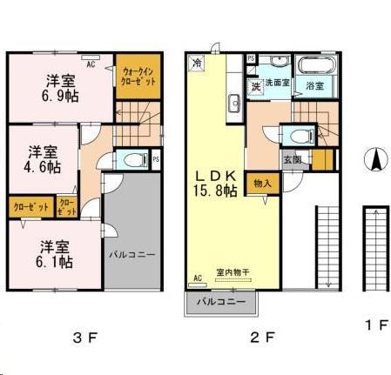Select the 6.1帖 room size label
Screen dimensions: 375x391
point(55,261)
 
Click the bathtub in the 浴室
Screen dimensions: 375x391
point(313,66)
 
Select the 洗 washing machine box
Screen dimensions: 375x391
point(256,86)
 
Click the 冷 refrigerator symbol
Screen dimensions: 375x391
point(197,64)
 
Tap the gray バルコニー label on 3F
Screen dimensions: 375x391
point(131,257)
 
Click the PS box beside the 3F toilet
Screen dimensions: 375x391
point(156,159)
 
